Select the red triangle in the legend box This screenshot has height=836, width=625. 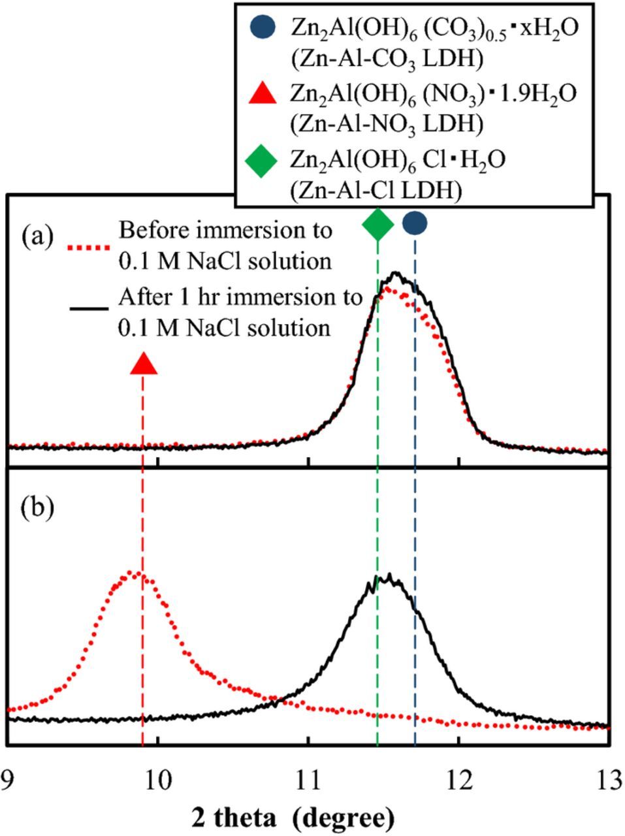coord(263,93)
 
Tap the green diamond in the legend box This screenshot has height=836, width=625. coord(263,159)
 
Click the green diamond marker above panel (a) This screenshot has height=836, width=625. coord(377,225)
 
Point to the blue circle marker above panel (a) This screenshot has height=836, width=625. coord(415,223)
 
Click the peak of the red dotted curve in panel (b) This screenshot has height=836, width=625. coord(134,573)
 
